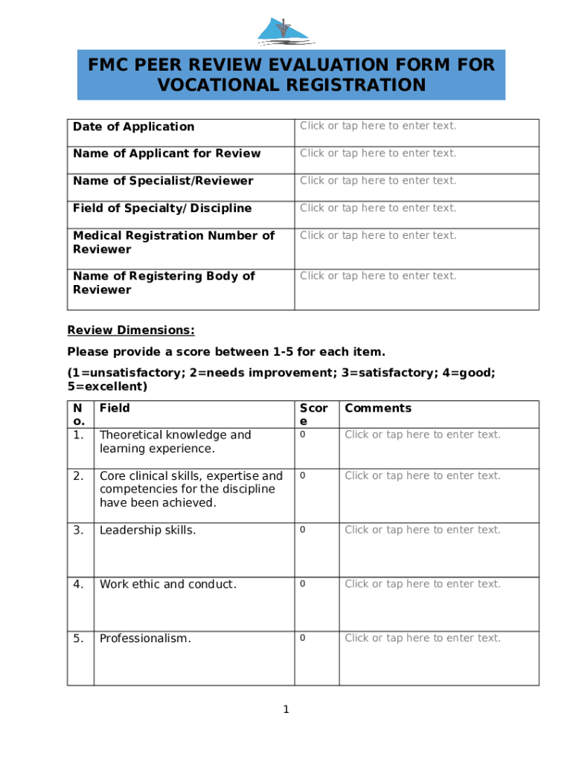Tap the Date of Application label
click(x=133, y=127)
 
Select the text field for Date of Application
click(x=378, y=126)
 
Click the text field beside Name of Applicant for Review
click(x=378, y=153)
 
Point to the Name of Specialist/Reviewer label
click(x=163, y=181)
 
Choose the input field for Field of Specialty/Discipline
click(x=378, y=208)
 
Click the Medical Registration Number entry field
click(x=378, y=236)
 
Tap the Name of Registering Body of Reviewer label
click(x=164, y=283)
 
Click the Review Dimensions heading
click(x=131, y=330)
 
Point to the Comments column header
click(x=377, y=408)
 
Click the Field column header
click(x=115, y=408)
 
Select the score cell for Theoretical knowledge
click(x=302, y=435)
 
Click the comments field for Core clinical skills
click(x=423, y=476)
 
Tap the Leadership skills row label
click(x=147, y=530)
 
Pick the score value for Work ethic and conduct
click(x=302, y=584)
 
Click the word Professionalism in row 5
click(x=145, y=638)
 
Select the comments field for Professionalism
click(x=423, y=638)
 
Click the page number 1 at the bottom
click(x=286, y=710)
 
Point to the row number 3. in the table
click(x=78, y=530)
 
